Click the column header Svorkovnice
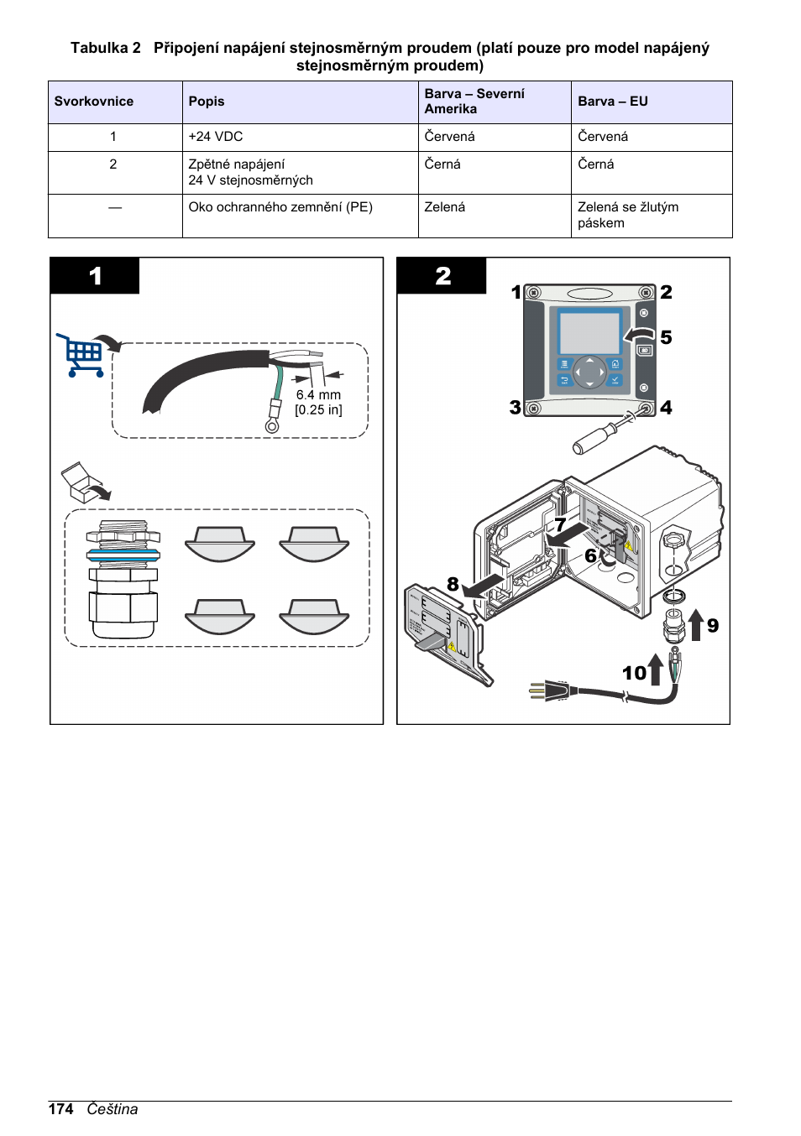(x=94, y=102)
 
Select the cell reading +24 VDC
(x=216, y=137)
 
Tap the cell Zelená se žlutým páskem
(x=628, y=215)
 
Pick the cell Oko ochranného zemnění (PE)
(x=280, y=207)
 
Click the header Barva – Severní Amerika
(x=474, y=102)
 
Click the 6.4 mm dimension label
(x=318, y=395)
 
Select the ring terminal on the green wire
(x=272, y=425)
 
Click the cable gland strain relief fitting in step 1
(x=123, y=579)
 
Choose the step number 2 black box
(x=442, y=276)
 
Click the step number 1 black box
(x=95, y=276)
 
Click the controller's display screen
(x=589, y=332)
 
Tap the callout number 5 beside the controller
(x=666, y=337)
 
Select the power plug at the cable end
(x=550, y=691)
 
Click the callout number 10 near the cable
(x=634, y=673)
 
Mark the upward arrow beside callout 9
(x=696, y=625)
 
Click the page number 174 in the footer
(x=60, y=1109)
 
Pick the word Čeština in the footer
(x=112, y=1109)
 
